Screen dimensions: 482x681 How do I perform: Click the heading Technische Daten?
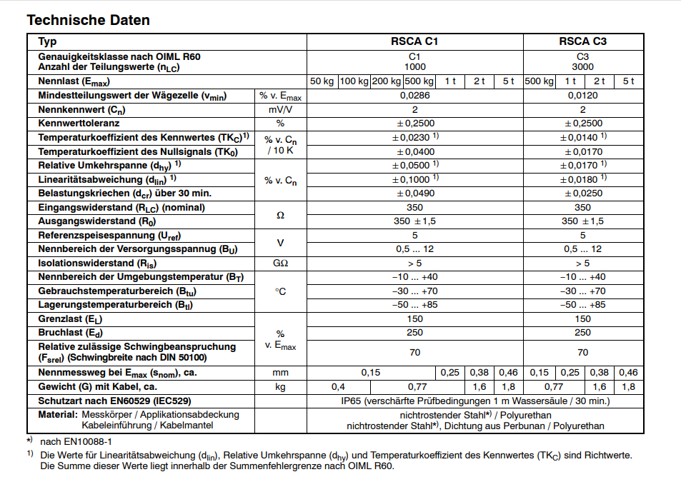click(x=88, y=20)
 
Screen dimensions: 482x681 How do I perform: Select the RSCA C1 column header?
click(x=414, y=41)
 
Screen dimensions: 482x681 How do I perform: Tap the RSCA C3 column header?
click(x=582, y=41)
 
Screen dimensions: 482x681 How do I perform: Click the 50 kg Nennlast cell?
click(x=322, y=81)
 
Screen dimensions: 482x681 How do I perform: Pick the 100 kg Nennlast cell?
click(x=353, y=81)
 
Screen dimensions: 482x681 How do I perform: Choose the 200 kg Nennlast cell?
click(x=387, y=81)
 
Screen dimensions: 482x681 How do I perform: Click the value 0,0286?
click(x=414, y=95)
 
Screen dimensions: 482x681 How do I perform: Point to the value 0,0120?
click(x=582, y=95)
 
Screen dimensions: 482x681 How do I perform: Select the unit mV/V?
click(x=280, y=109)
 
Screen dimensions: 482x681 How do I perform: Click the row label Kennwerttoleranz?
click(x=79, y=123)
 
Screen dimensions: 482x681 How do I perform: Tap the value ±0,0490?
click(x=414, y=194)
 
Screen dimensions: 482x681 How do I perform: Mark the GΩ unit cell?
click(x=280, y=263)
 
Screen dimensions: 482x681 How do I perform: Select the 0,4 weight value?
click(x=339, y=387)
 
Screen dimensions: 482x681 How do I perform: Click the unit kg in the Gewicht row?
click(x=280, y=387)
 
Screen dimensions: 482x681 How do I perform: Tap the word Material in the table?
click(x=57, y=415)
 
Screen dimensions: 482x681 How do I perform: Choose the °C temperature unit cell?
click(x=280, y=291)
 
